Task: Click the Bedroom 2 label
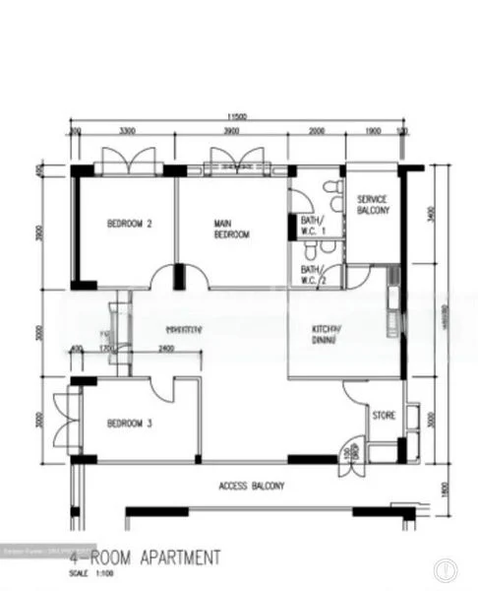pyautogui.click(x=129, y=224)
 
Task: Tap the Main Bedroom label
pyautogui.click(x=231, y=230)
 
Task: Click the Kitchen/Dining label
pyautogui.click(x=326, y=334)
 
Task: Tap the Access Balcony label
pyautogui.click(x=252, y=486)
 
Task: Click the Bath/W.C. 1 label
pyautogui.click(x=313, y=226)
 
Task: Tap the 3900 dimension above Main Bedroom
pyautogui.click(x=230, y=131)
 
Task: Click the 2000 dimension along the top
pyautogui.click(x=316, y=131)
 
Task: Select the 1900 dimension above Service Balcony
pyautogui.click(x=373, y=131)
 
